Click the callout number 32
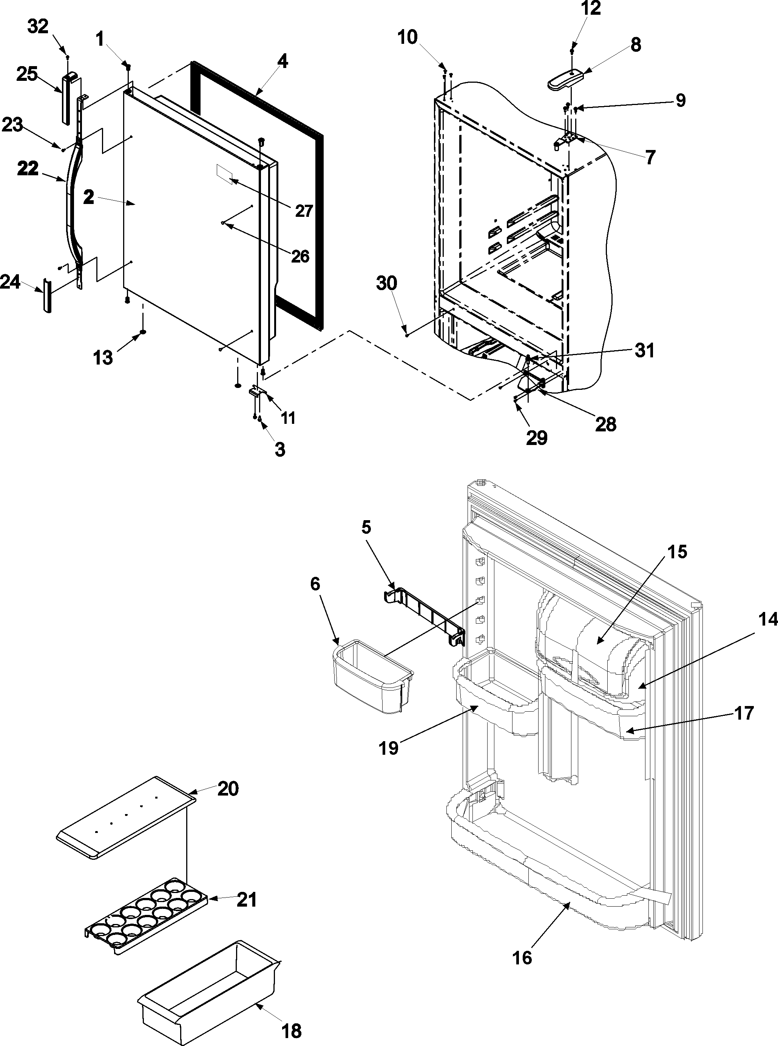click(38, 27)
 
